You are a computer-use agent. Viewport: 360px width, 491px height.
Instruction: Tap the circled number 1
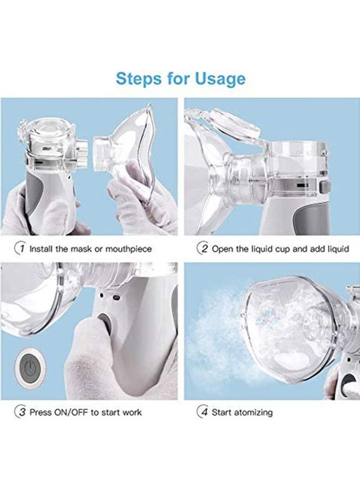[20, 249]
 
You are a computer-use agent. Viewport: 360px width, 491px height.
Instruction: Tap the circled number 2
[202, 249]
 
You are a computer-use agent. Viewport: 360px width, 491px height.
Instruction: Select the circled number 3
[20, 412]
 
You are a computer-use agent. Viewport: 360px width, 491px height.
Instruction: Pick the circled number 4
[202, 412]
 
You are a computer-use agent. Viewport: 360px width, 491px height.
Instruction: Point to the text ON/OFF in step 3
[71, 412]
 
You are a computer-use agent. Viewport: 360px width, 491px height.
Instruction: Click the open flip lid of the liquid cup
[231, 123]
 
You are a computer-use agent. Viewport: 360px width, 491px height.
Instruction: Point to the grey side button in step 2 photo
[325, 187]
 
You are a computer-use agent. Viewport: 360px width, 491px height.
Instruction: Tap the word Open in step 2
[221, 249]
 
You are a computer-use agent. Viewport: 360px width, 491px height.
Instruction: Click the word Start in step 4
[221, 412]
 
